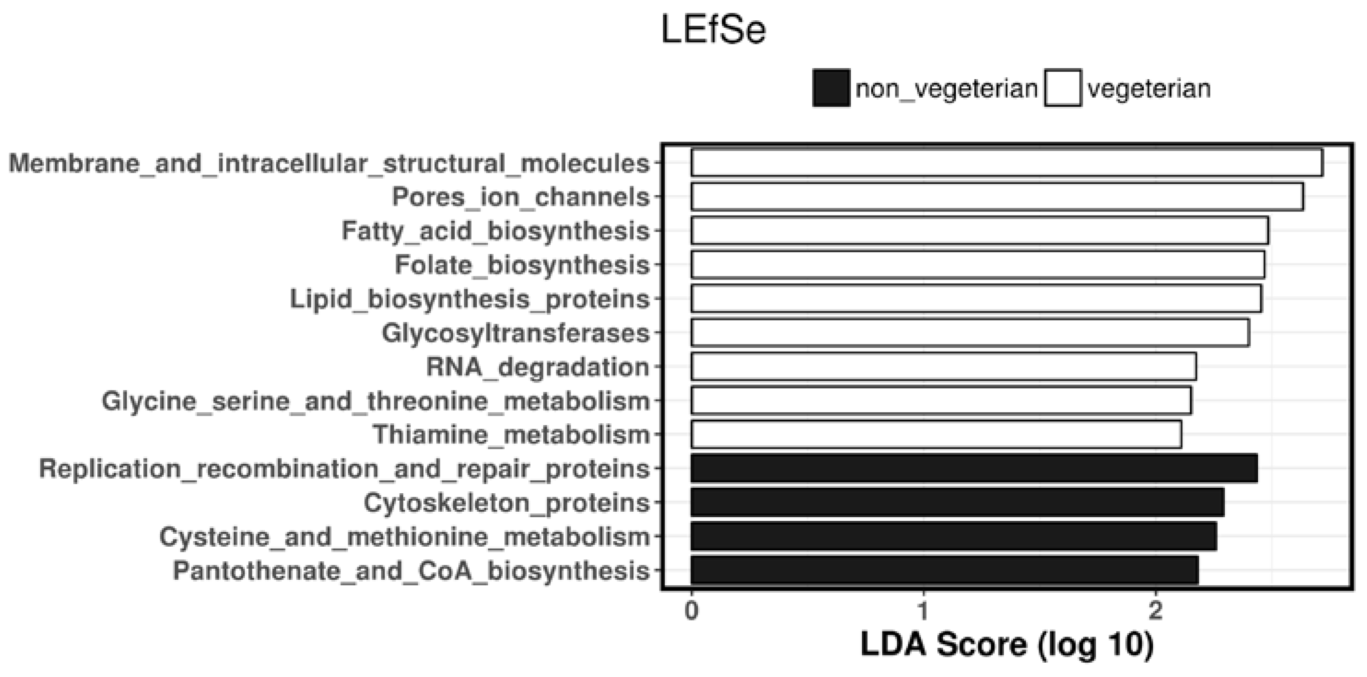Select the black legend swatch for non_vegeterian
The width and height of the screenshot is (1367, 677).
coord(831,88)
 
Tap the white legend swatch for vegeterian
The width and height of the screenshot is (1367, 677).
coord(1063,88)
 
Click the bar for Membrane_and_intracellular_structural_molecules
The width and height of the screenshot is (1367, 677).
coord(1007,163)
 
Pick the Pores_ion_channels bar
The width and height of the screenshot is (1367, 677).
coord(997,196)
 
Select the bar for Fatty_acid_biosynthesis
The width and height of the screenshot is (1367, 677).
coord(980,230)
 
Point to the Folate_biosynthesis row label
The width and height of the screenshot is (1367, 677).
coord(522,265)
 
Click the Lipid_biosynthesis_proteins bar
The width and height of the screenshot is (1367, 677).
coord(976,299)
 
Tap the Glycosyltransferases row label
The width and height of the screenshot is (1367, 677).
coord(515,333)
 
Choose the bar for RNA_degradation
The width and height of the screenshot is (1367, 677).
coord(944,367)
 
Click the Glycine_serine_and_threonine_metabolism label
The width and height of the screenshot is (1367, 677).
coord(376,401)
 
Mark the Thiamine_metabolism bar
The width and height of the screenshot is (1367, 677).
coord(936,435)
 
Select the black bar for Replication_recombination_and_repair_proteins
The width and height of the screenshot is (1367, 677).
coord(974,468)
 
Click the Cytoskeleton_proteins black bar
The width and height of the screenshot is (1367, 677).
coord(958,502)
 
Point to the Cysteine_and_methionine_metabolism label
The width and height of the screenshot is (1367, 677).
coord(404,537)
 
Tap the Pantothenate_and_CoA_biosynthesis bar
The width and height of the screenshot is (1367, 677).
coord(945,570)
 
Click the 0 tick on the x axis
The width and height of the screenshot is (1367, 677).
coord(691,611)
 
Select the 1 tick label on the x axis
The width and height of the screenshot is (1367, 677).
coord(923,611)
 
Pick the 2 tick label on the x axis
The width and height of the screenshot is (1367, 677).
coord(1155,611)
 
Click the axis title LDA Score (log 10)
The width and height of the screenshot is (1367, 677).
coord(1007,645)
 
